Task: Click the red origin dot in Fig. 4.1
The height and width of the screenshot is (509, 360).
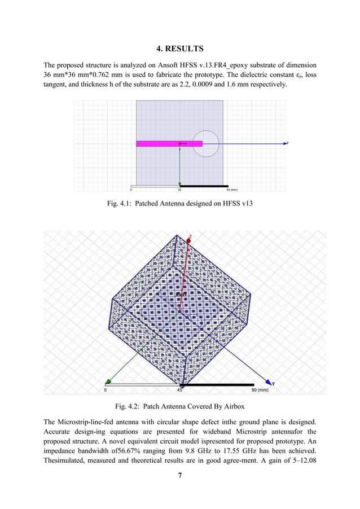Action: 180,144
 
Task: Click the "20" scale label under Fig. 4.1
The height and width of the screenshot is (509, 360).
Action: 180,190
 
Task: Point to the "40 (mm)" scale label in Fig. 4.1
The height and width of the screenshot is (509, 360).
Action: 230,190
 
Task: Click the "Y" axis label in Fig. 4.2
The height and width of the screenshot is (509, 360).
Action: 281,384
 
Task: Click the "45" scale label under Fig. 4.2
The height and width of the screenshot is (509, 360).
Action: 180,390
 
